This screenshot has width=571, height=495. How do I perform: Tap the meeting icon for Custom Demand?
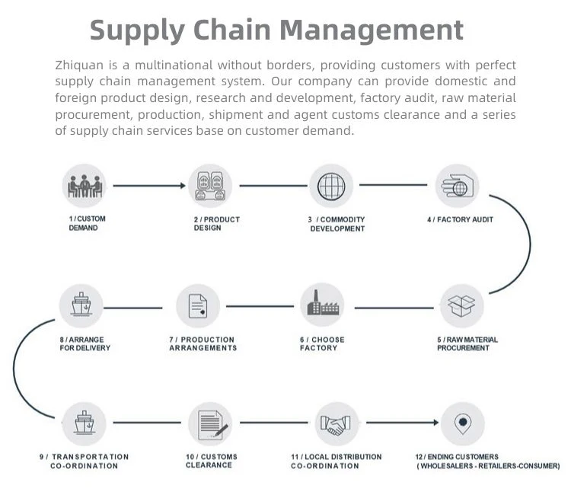pos(84,186)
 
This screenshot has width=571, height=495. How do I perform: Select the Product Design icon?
pos(210,186)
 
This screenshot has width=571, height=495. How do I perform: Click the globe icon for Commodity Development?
pos(331,186)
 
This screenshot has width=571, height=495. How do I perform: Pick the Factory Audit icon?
pos(457,186)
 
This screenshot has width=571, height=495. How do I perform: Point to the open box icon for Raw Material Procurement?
pos(461,306)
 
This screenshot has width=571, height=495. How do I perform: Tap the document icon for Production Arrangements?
pos(198,306)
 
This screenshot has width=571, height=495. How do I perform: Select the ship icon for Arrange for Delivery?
pos(81,306)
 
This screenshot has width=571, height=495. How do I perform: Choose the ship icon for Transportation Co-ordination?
pos(84,423)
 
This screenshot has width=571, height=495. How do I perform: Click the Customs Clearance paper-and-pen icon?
pos(210,423)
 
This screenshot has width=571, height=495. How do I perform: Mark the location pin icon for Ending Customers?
pos(461,423)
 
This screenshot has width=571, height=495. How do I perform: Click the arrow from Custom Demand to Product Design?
pos(148,186)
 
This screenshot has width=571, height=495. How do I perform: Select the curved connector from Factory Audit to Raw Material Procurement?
pos(527,244)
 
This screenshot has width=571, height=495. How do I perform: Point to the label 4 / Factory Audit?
pos(460,219)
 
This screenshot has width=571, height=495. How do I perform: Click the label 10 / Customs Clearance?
pos(211,461)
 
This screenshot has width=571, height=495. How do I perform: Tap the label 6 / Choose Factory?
pos(322,343)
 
